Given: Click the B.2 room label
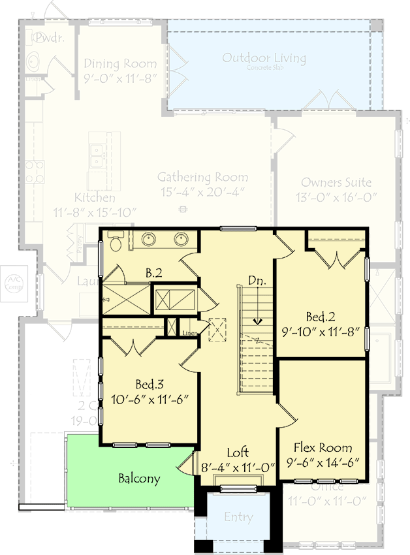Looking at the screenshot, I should pyautogui.click(x=154, y=273).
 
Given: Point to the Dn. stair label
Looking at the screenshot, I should pyautogui.click(x=257, y=280).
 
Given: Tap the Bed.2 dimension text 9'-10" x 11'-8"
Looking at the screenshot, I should pyautogui.click(x=321, y=331).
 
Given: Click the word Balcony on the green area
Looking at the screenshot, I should pyautogui.click(x=139, y=479).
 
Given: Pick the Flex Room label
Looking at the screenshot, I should pyautogui.click(x=323, y=448).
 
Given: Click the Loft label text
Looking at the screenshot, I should pyautogui.click(x=238, y=452).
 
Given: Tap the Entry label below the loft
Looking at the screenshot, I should pyautogui.click(x=238, y=517).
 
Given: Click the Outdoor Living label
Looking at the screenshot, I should pyautogui.click(x=264, y=58).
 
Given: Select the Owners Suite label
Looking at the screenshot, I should pyautogui.click(x=336, y=183).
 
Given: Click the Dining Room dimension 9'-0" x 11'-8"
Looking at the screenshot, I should pyautogui.click(x=120, y=77).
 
